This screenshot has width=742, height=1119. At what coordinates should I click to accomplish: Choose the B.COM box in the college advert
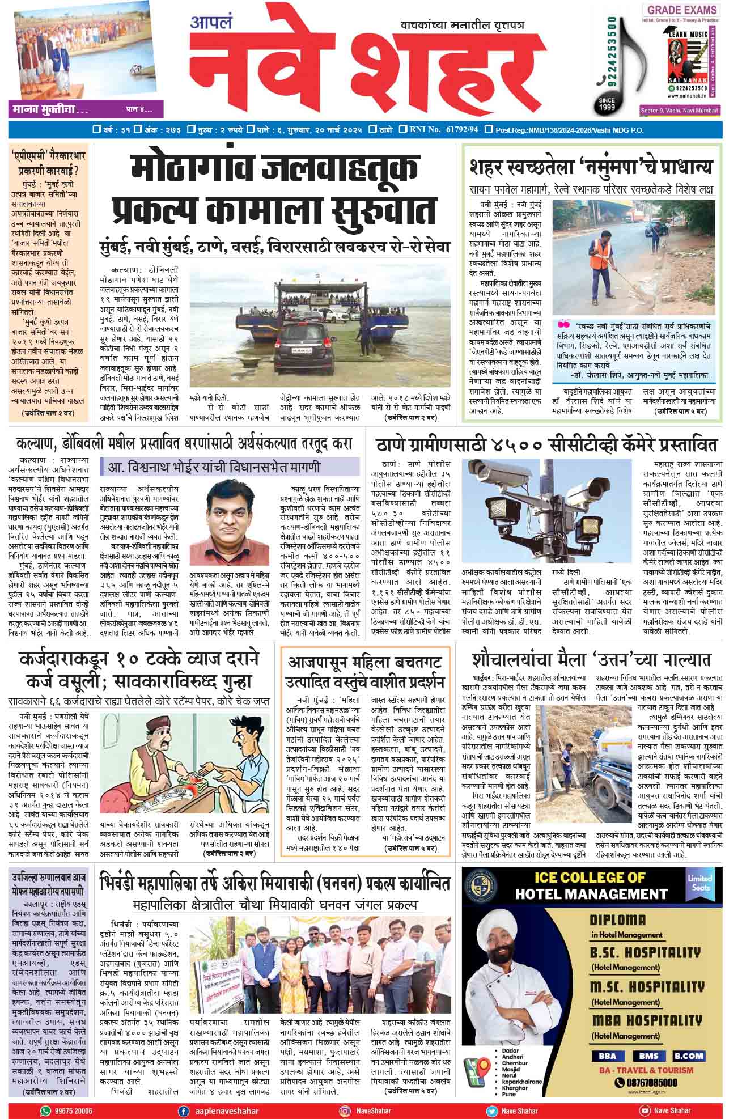(x=689, y=1056)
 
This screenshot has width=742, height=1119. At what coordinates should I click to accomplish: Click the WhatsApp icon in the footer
(x=45, y=1110)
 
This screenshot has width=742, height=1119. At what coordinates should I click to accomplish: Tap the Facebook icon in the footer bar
(x=183, y=1110)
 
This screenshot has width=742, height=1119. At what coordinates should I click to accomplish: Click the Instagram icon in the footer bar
(x=344, y=1110)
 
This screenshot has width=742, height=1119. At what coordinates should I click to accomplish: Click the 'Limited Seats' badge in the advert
(x=700, y=883)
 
